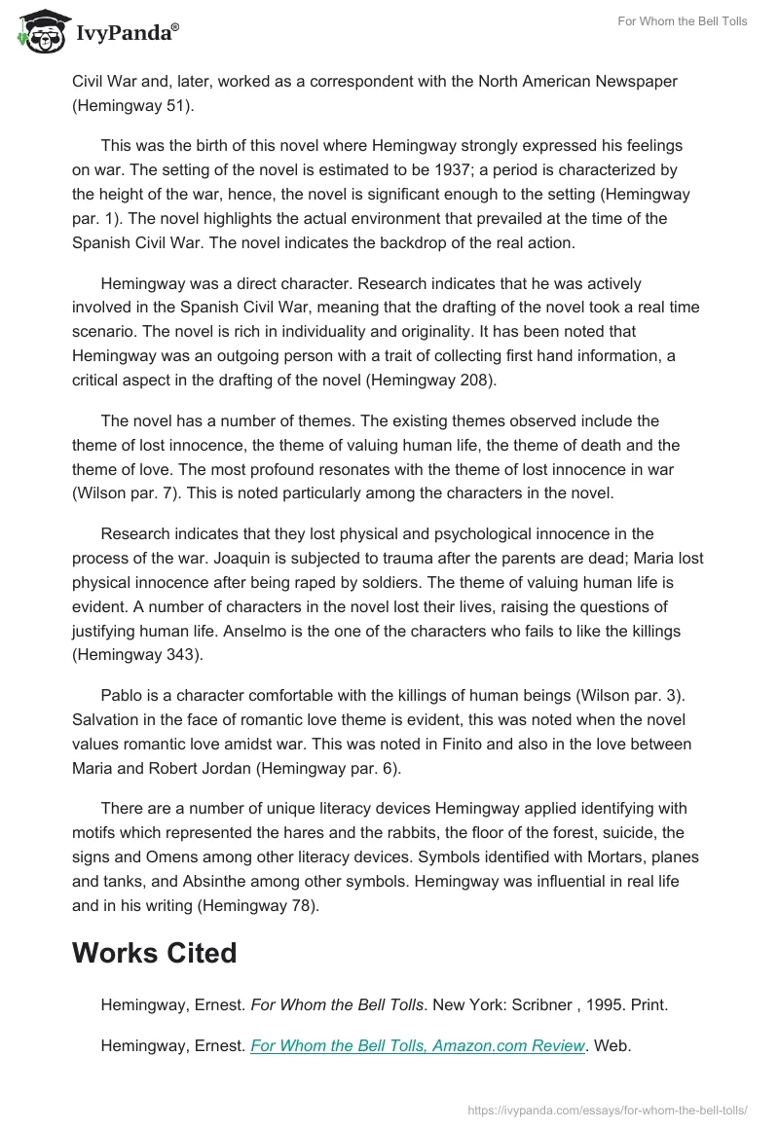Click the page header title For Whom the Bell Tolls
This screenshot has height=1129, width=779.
pyautogui.click(x=683, y=21)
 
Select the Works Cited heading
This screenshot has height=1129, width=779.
pyautogui.click(x=154, y=953)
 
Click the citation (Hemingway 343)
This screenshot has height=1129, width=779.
pyautogui.click(x=137, y=654)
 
